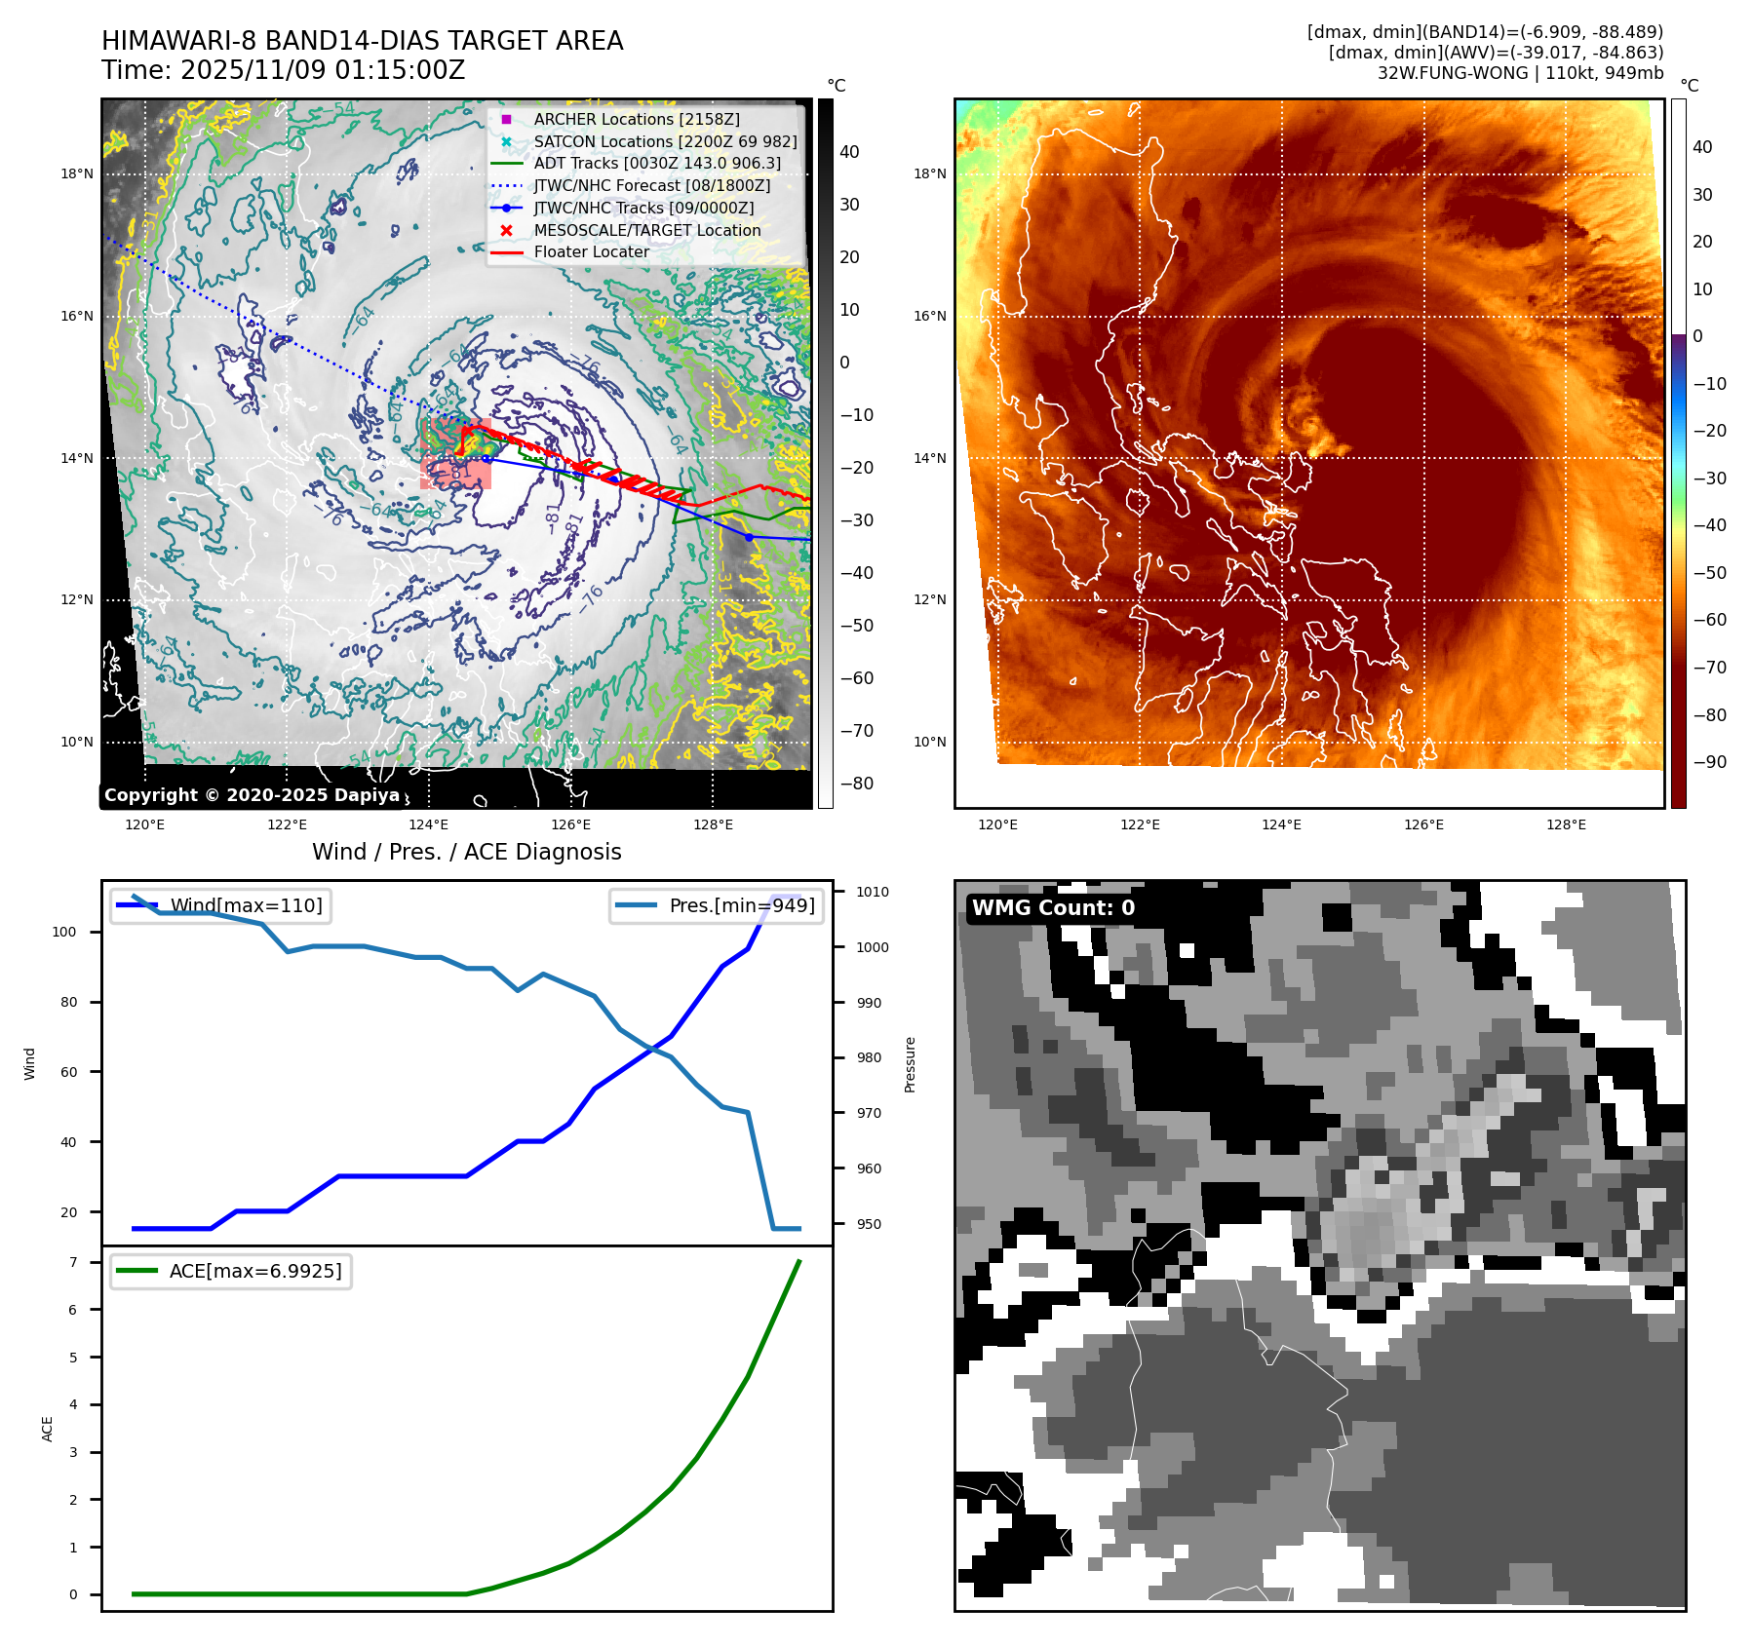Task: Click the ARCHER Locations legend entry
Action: point(636,119)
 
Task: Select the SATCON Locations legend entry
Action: point(665,141)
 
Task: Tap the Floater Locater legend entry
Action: point(591,251)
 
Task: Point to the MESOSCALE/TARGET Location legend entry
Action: point(646,230)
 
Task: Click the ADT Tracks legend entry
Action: point(656,164)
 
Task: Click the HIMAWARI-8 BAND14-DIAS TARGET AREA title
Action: point(362,41)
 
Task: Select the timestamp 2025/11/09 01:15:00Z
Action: point(323,70)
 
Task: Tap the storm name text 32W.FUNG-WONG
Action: point(1453,73)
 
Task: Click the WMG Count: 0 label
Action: point(1053,908)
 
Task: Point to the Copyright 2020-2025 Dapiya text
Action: point(252,795)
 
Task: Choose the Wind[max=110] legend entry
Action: point(246,905)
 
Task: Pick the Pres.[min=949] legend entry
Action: point(741,905)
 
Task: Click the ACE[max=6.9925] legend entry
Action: point(255,1271)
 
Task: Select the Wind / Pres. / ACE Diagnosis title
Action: point(466,852)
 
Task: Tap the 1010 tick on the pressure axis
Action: point(872,892)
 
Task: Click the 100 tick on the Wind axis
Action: point(64,932)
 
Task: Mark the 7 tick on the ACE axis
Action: point(73,1262)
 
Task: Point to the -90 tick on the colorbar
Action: point(1709,762)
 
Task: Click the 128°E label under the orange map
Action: point(1566,824)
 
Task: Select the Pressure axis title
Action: point(910,1064)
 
